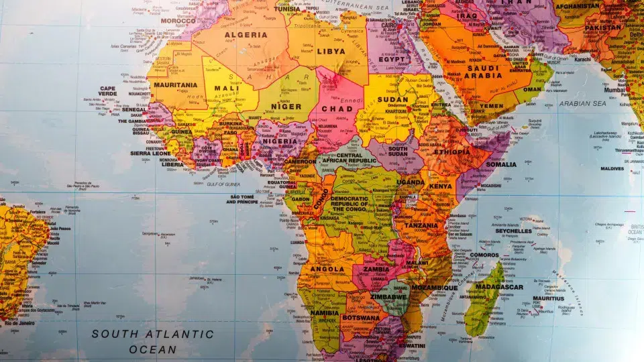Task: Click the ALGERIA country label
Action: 245,35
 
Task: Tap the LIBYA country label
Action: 331,51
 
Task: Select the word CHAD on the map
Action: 337,109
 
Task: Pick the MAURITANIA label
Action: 176,85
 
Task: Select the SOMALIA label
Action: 500,164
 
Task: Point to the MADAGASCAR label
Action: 499,287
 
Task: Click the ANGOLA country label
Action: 327,269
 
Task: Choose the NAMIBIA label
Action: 325,313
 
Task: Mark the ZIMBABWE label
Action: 390,295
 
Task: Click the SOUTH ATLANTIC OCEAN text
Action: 153,341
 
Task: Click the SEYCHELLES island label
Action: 513,231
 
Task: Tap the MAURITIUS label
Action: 549,298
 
